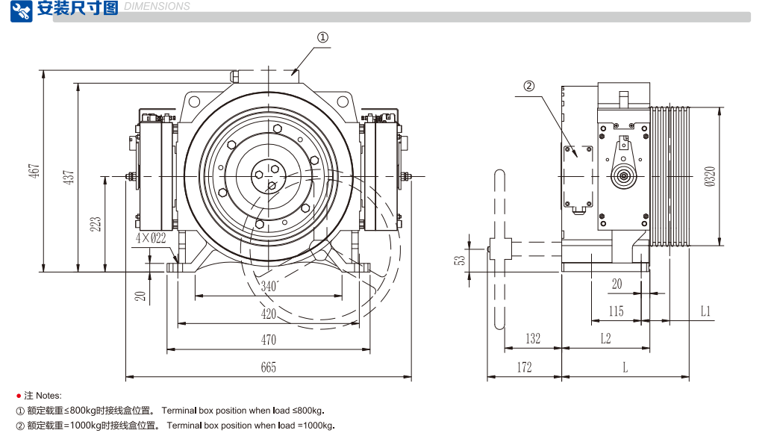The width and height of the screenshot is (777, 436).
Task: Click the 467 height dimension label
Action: [34, 170]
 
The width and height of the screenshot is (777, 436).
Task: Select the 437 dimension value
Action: [69, 178]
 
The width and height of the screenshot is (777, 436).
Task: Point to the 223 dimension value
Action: [96, 224]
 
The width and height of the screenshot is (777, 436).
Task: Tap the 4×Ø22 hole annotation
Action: [151, 238]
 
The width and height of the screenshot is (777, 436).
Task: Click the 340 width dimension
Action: [269, 286]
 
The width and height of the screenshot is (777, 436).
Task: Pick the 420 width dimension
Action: [269, 314]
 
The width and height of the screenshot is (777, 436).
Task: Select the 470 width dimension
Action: [269, 340]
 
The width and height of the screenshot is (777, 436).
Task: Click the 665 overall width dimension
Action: [269, 367]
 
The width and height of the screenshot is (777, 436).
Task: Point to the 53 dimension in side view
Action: [461, 260]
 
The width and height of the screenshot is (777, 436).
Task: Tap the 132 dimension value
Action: [532, 339]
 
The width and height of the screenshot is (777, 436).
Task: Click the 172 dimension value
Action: [524, 367]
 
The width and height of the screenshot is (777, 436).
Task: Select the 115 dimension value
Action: [615, 311]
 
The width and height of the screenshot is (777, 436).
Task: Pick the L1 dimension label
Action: [705, 311]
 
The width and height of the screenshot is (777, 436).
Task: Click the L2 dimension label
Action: [605, 339]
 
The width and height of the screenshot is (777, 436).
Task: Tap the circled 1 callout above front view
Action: [323, 37]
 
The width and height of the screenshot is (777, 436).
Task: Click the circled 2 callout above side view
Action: [529, 86]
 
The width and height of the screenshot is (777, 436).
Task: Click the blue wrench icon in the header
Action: [21, 10]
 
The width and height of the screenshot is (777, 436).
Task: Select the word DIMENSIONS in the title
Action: [157, 7]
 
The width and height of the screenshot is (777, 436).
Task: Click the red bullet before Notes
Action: [19, 395]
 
